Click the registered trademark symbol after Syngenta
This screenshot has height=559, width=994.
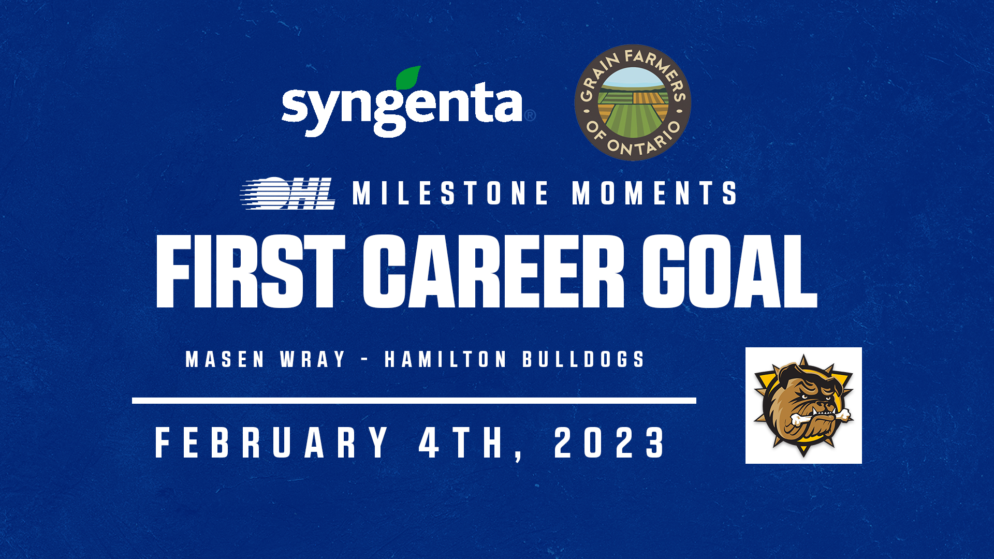pyautogui.click(x=530, y=115)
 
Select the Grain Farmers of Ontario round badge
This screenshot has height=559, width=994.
pyautogui.click(x=633, y=102)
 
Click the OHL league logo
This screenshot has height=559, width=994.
pyautogui.click(x=288, y=194)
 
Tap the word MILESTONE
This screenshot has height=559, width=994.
pyautogui.click(x=451, y=193)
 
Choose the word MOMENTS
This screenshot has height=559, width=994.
pyautogui.click(x=654, y=193)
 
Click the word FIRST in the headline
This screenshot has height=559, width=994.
pyautogui.click(x=251, y=271)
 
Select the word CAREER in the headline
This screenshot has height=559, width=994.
pyautogui.click(x=494, y=271)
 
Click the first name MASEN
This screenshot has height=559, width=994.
pyautogui.click(x=225, y=359)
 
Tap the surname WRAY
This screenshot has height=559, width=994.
pyautogui.click(x=313, y=359)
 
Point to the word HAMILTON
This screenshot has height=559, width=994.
pyautogui.click(x=446, y=359)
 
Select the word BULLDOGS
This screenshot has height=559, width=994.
pyautogui.click(x=583, y=359)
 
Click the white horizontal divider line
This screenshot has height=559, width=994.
pyautogui.click(x=414, y=401)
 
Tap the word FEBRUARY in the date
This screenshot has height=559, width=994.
pyautogui.click(x=272, y=443)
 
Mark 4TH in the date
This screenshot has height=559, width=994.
pyautogui.click(x=461, y=443)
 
